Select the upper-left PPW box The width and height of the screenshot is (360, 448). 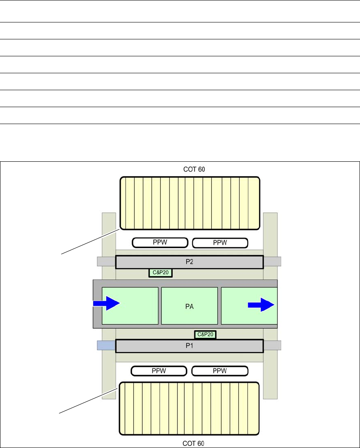pos(160,242)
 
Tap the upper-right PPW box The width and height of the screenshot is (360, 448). pos(220,242)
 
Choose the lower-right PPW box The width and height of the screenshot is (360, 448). pos(219,371)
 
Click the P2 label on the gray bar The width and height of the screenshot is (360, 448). pos(189,262)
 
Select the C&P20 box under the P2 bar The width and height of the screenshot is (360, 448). pos(161,273)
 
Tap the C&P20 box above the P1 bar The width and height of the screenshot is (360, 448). pos(205,335)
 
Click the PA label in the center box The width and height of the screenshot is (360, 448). pos(189,306)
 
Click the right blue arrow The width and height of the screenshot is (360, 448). pos(261,304)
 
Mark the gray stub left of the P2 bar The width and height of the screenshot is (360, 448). pos(106,262)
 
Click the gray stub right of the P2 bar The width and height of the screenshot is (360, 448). pos(272,262)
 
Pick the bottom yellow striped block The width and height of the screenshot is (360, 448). pos(189,409)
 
